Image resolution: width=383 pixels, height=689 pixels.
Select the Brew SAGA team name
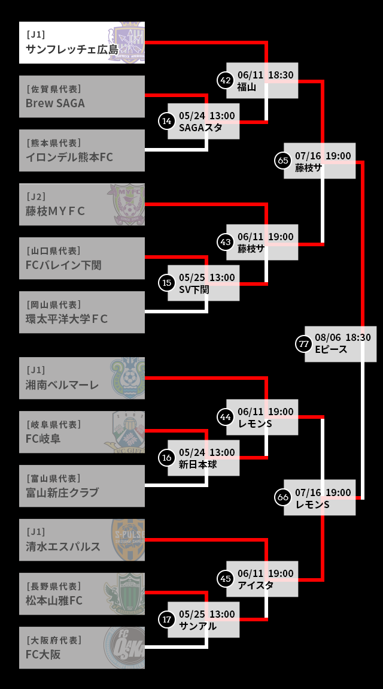point(55,103)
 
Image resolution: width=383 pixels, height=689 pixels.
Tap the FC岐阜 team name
point(43,439)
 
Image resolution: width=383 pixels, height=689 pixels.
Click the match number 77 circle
point(304,344)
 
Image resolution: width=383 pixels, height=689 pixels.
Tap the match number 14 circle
point(167,121)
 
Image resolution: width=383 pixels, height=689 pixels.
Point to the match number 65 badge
point(283,161)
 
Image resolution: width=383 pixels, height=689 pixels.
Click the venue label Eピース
point(331,349)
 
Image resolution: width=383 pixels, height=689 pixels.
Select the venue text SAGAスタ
point(200,127)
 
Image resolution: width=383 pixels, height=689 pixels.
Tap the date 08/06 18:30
point(342,337)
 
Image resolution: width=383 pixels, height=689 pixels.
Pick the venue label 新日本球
point(197,464)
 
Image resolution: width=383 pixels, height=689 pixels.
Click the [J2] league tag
point(36,197)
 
